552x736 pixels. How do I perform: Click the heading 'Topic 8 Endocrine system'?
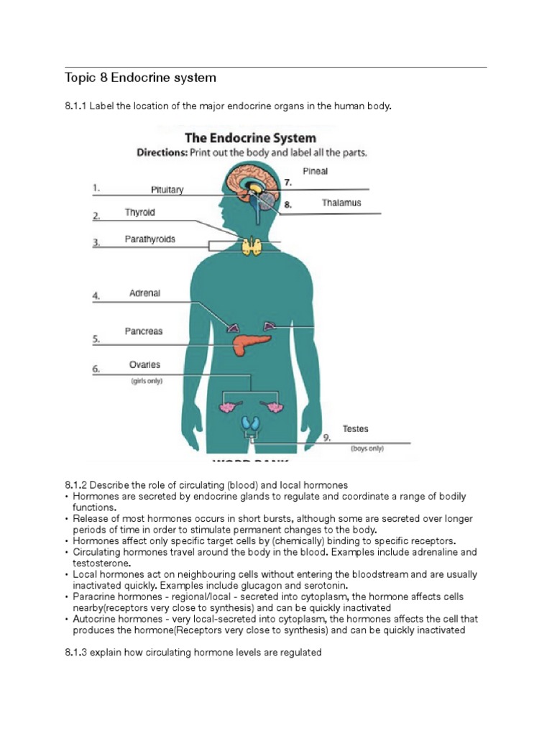click(x=140, y=77)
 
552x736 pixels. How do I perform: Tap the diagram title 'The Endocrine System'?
click(x=250, y=137)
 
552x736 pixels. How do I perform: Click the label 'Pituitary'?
click(x=167, y=190)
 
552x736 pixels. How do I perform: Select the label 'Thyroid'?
click(x=139, y=213)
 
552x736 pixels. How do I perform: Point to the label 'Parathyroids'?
click(x=149, y=239)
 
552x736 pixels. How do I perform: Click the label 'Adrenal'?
click(x=144, y=293)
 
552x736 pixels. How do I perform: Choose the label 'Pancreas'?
click(x=144, y=331)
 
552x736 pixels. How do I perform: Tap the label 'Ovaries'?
click(x=144, y=364)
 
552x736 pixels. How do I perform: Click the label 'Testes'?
click(x=355, y=428)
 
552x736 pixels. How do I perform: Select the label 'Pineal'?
click(x=315, y=171)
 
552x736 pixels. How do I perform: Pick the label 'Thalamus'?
click(x=341, y=203)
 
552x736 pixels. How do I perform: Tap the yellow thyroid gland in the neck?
click(x=252, y=247)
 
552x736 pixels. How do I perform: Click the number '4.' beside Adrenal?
click(x=96, y=295)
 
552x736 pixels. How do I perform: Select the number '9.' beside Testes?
click(x=326, y=437)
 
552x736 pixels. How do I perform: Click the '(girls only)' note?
click(x=146, y=381)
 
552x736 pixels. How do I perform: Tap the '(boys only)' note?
click(x=367, y=448)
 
